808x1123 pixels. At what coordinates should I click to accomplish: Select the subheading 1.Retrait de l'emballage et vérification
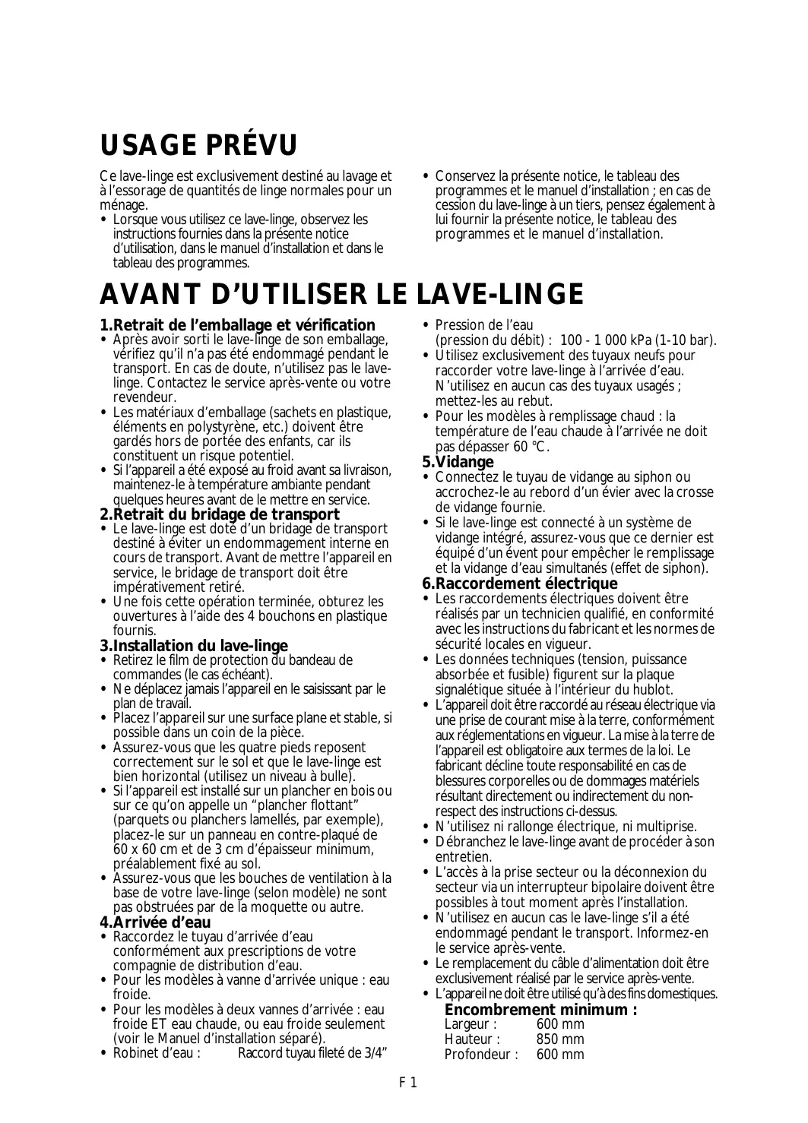click(238, 325)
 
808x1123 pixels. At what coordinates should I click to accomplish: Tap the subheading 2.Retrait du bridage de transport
click(220, 514)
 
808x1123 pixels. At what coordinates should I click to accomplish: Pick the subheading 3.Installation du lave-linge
click(194, 646)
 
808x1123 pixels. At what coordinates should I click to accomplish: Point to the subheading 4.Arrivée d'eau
click(155, 923)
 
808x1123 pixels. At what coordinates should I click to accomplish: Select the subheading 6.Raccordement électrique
click(520, 584)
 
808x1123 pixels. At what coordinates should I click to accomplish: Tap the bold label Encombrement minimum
click(540, 1010)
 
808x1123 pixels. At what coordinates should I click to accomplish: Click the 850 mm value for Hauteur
click(560, 1039)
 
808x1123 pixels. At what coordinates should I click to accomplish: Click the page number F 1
click(408, 1083)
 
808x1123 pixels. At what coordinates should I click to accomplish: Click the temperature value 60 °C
click(529, 447)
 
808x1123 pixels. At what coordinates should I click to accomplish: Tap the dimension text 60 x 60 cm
click(147, 849)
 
